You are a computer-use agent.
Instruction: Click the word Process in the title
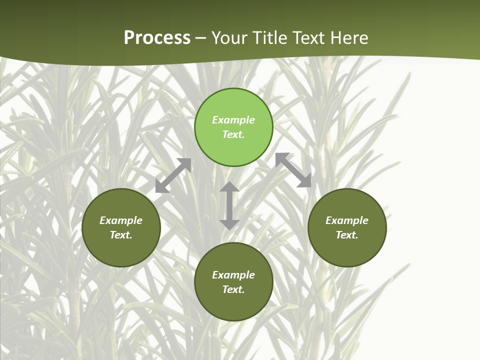[x=157, y=38]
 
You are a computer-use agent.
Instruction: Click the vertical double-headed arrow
[x=229, y=205]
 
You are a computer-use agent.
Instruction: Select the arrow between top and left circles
[x=173, y=175]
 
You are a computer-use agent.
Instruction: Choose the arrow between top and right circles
[x=293, y=170]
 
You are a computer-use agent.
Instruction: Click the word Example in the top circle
[x=233, y=120]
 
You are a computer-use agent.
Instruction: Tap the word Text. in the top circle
[x=233, y=134]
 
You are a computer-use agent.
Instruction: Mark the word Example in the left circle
[x=121, y=220]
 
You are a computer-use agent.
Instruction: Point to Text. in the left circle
[x=121, y=235]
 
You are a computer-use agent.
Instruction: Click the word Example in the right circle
[x=347, y=220]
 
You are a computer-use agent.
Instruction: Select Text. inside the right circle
[x=347, y=235]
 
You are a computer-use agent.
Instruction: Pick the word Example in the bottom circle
[x=233, y=275]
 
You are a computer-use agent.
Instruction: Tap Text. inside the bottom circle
[x=233, y=289]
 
